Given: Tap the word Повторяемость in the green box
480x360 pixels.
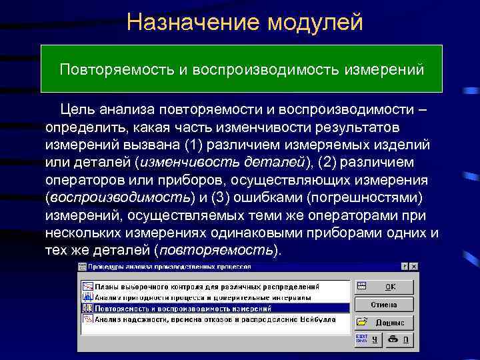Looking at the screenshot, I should (117, 69).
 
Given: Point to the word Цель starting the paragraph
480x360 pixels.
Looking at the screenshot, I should (79, 109).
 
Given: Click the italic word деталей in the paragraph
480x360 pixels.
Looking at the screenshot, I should (274, 163).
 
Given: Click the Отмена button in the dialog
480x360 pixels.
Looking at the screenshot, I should (383, 305).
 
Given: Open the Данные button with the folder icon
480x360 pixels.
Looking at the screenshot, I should (383, 323).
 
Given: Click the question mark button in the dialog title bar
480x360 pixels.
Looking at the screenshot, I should (404, 266).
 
